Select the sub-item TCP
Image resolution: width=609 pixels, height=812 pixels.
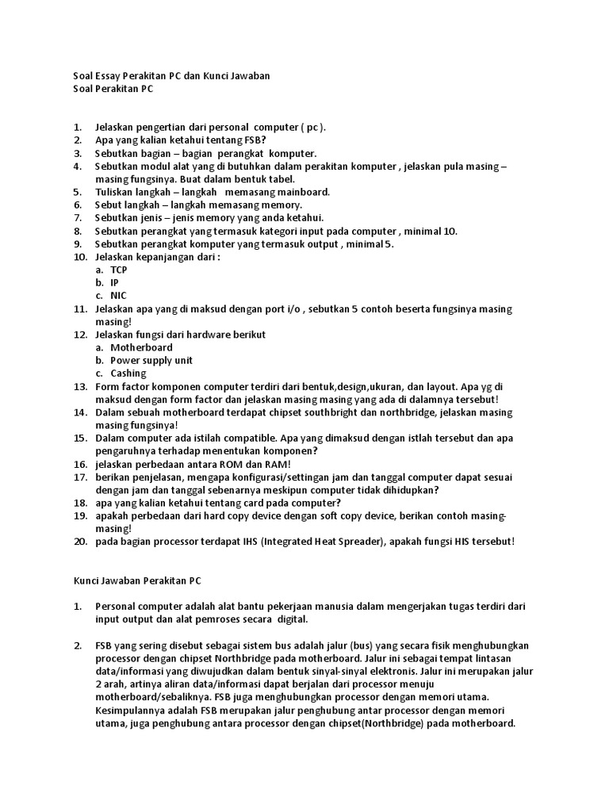coord(119,270)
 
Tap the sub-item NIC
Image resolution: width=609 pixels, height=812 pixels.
coord(118,296)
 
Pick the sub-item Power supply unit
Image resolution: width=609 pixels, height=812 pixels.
coord(151,360)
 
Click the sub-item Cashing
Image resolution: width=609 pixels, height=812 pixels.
coord(128,373)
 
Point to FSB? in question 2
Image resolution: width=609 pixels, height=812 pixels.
coord(255,140)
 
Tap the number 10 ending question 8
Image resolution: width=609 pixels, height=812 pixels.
coord(450,231)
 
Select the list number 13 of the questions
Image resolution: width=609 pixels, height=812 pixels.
coord(80,386)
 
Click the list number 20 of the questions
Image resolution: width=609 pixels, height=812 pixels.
coord(80,542)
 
